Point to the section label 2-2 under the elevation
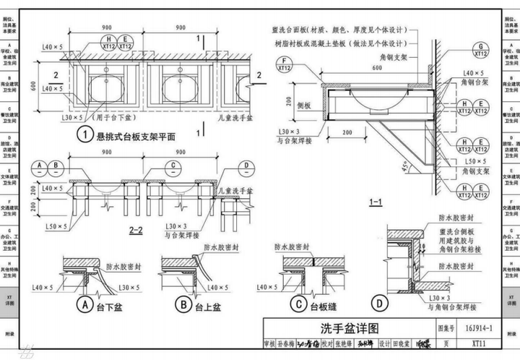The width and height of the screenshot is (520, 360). [x=135, y=230]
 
